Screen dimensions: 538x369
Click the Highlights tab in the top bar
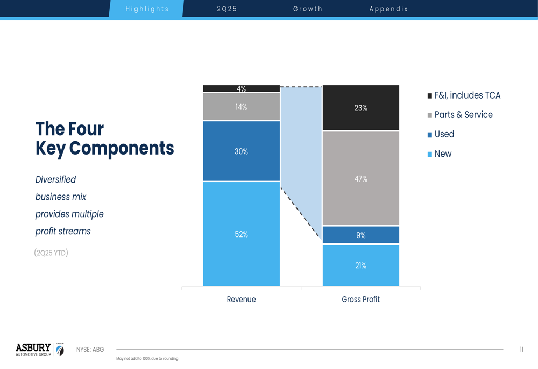coord(146,9)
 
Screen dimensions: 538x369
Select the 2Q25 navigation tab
coord(227,9)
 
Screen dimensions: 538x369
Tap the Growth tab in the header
coord(307,9)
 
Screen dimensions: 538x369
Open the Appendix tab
coord(388,9)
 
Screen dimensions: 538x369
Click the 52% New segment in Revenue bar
coord(241,234)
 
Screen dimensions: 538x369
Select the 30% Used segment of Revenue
coord(241,151)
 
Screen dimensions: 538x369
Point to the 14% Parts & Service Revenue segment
coord(241,107)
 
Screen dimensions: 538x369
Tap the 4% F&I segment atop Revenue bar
coord(241,88)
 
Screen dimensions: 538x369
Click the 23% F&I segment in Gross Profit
coord(360,108)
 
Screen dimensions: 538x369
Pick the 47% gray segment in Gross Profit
coord(360,178)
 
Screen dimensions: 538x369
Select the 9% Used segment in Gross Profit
coord(360,235)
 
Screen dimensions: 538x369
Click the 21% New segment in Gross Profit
coord(360,265)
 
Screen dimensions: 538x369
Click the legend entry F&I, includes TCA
coord(464,95)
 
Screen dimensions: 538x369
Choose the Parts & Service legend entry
coord(460,115)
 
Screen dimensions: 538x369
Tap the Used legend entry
coord(441,134)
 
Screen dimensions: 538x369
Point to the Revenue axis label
coord(241,300)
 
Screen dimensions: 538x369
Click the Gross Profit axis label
coord(360,300)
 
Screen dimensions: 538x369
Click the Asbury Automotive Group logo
coord(40,350)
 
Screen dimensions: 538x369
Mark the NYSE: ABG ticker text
coord(90,350)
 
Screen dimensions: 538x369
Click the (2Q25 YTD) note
coord(51,253)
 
